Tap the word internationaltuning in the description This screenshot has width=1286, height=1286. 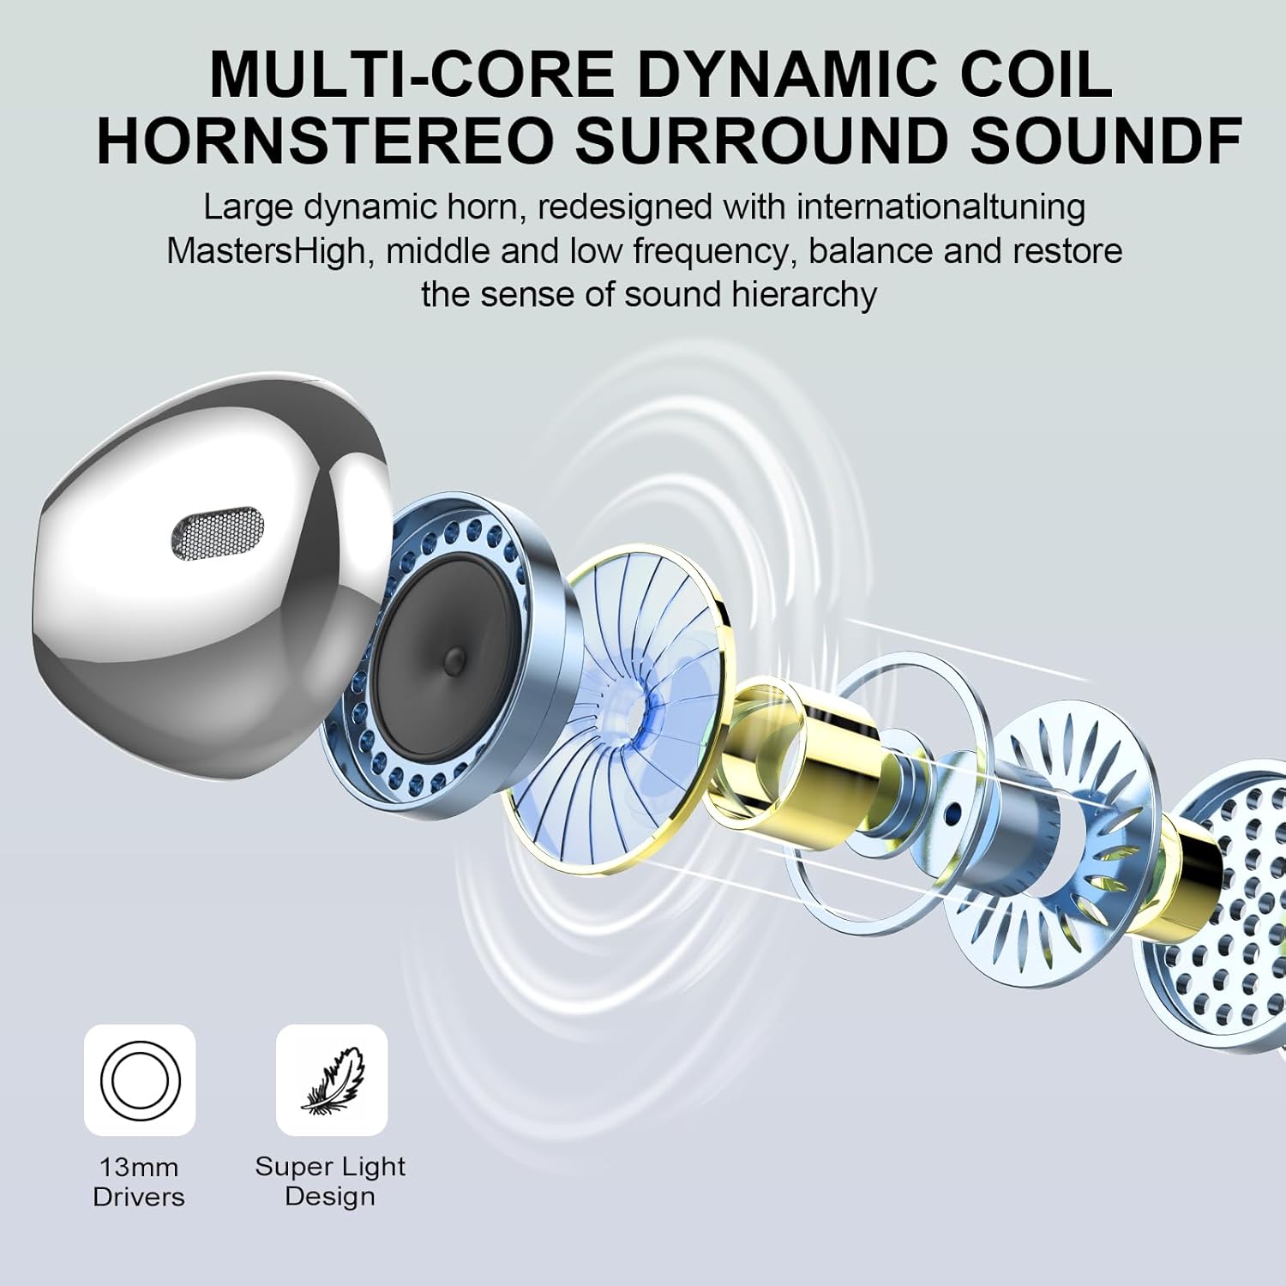pyautogui.click(x=940, y=207)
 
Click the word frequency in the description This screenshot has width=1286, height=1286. pyautogui.click(x=709, y=252)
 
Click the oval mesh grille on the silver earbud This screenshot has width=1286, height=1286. pyautogui.click(x=215, y=531)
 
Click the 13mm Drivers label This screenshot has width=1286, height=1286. pyautogui.click(x=139, y=1181)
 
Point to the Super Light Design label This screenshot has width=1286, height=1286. pyautogui.click(x=330, y=1181)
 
